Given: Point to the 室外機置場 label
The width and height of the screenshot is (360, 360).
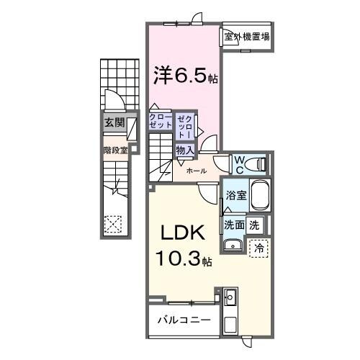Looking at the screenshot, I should point(247,37).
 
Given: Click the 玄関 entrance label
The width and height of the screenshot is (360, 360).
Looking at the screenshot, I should point(114,122).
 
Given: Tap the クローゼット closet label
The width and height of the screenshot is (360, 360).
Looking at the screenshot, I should point(161,120).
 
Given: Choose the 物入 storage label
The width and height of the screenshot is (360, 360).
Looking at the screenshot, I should point(184,150).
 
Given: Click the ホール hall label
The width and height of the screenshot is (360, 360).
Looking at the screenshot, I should point(197,171).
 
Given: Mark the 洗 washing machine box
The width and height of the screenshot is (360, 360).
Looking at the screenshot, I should point(254,224).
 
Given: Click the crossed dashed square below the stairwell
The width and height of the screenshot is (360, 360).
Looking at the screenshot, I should point(112,225).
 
